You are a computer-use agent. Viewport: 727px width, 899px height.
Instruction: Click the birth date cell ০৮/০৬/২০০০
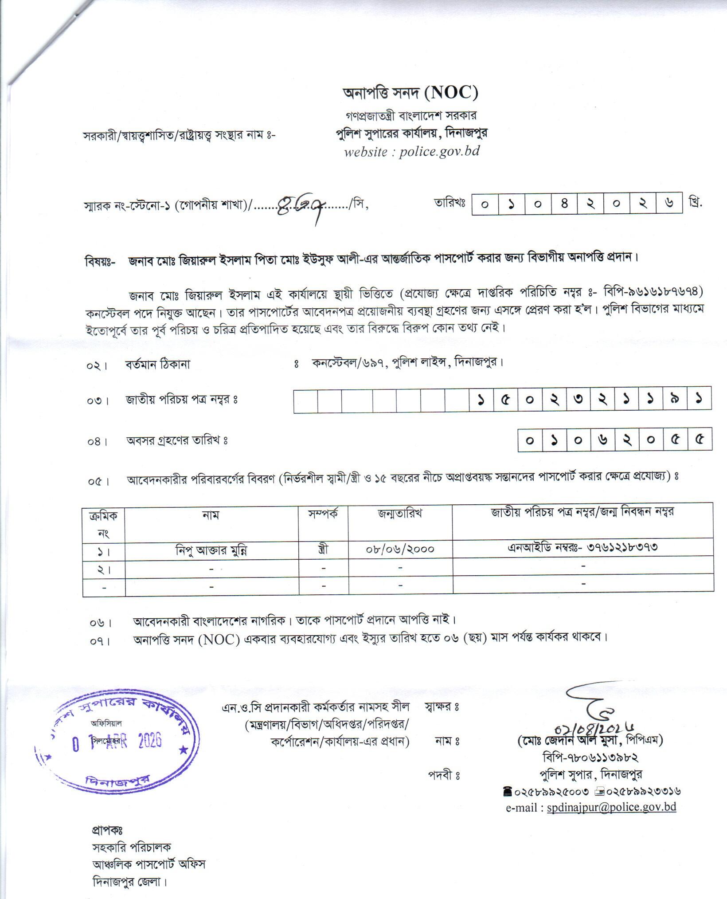coord(400,550)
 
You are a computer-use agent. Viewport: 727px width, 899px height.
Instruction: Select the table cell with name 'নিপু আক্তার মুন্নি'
coord(211,550)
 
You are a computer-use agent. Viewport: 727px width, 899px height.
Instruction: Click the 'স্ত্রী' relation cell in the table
coord(323,550)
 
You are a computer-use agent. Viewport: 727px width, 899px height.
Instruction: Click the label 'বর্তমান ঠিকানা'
coord(158,365)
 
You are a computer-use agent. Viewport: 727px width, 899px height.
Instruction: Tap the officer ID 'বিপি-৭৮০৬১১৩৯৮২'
coord(590,758)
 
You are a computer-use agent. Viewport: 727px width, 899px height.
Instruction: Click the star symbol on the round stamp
coord(182,750)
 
